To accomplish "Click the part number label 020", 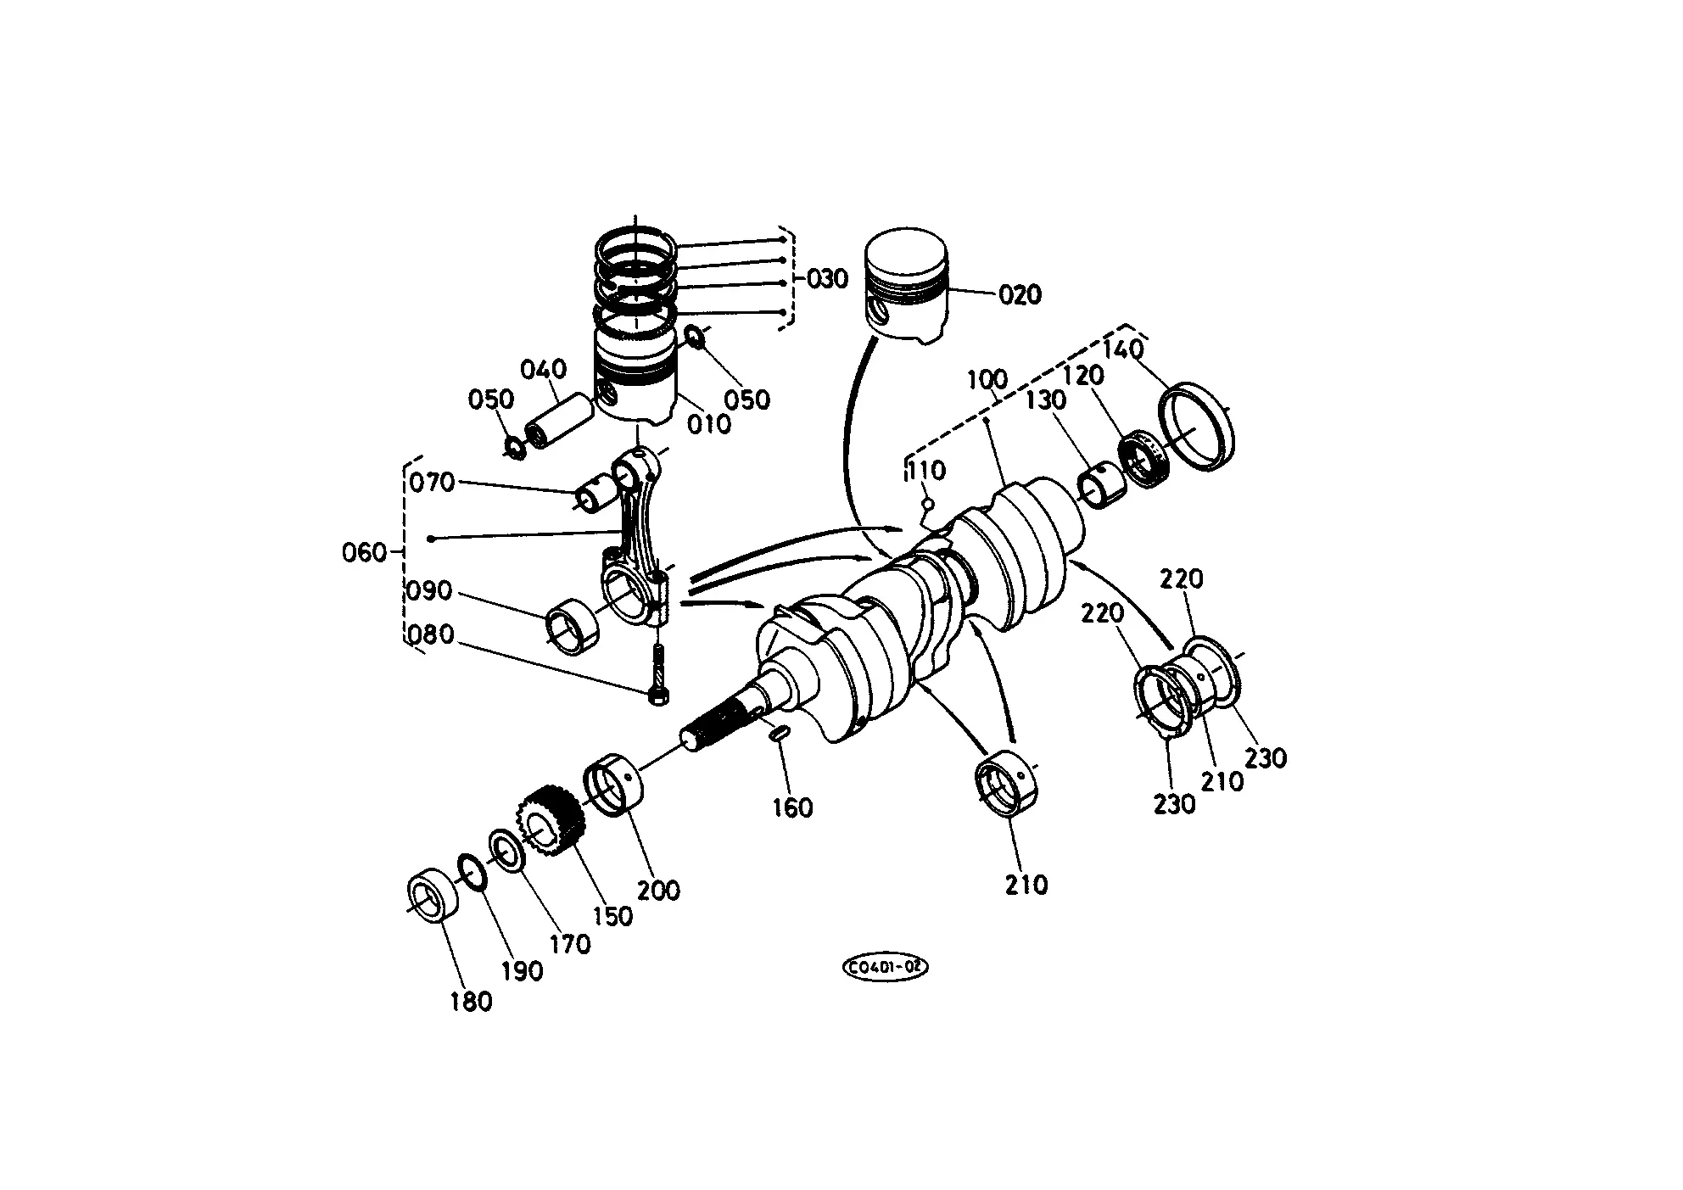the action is pos(1020,295).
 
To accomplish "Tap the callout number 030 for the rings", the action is pos(826,278).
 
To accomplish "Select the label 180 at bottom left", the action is pos(471,1001).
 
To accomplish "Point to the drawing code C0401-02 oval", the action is pos(885,967).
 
